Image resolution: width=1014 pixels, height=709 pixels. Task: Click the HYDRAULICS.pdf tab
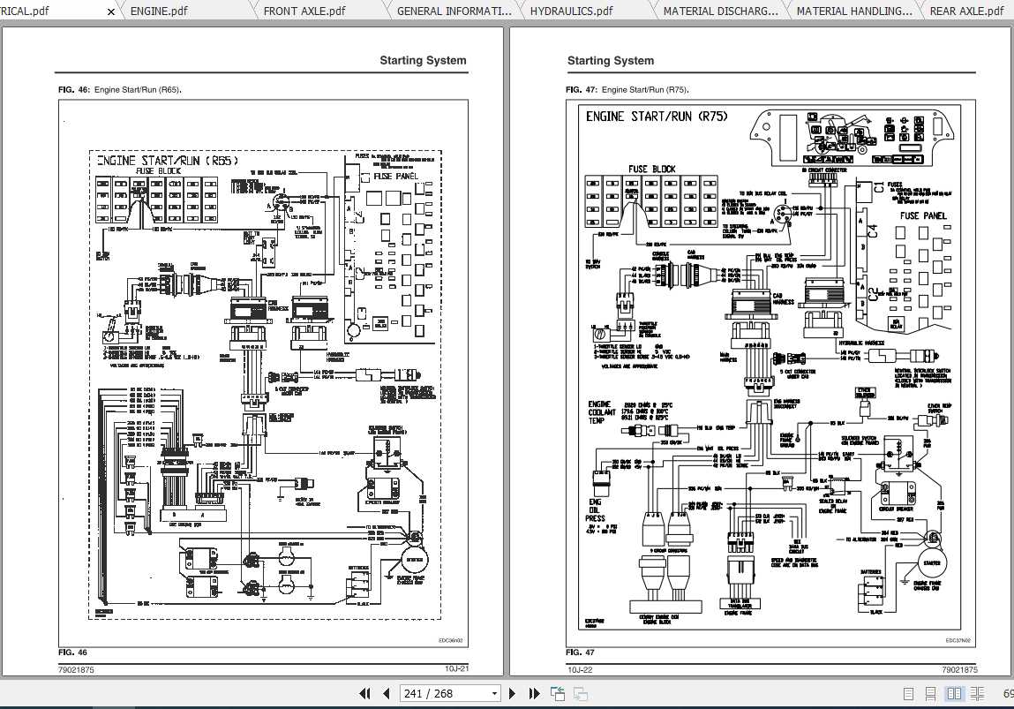pyautogui.click(x=571, y=11)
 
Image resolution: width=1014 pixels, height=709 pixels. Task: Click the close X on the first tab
pyautogui.click(x=110, y=12)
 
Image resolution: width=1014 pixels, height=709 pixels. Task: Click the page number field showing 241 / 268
pyautogui.click(x=449, y=693)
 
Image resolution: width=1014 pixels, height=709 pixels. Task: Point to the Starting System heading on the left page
pyautogui.click(x=423, y=61)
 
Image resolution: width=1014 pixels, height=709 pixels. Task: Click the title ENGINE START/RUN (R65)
pyautogui.click(x=168, y=161)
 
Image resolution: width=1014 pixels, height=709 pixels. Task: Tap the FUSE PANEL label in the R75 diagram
pyautogui.click(x=922, y=215)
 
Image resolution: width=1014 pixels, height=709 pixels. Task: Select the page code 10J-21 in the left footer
pyautogui.click(x=455, y=669)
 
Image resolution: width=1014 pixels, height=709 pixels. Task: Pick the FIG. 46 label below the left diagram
pyautogui.click(x=73, y=652)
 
